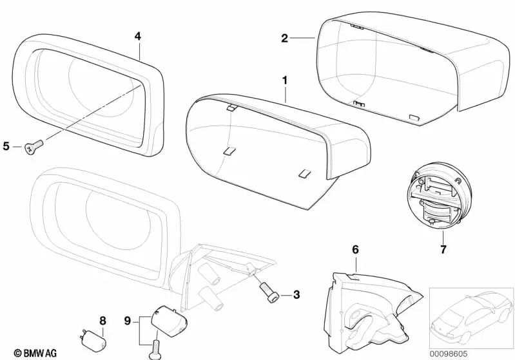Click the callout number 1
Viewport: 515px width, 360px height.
pos(284,82)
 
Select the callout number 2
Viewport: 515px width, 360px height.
pos(284,39)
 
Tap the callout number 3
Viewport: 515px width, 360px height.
pos(296,296)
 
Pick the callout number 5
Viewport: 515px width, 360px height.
pos(6,146)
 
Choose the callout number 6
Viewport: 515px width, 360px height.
pos(355,249)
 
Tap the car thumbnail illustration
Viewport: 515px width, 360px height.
pos(468,316)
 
